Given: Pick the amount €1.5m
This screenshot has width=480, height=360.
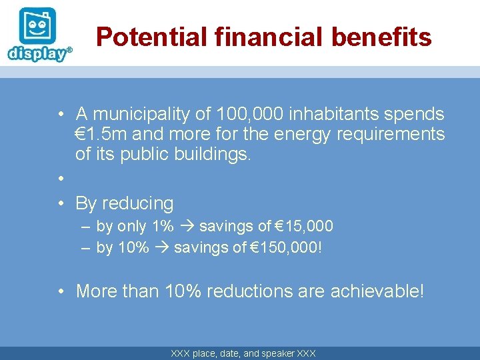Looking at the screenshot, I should coord(101,134).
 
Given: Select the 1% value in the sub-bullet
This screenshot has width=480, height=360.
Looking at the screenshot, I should coord(163,227).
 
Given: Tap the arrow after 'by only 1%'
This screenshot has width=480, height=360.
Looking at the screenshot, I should coord(186,227).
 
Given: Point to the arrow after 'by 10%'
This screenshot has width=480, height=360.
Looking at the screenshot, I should coord(161,248).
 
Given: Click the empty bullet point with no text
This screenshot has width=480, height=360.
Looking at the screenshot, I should coord(60,179).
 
